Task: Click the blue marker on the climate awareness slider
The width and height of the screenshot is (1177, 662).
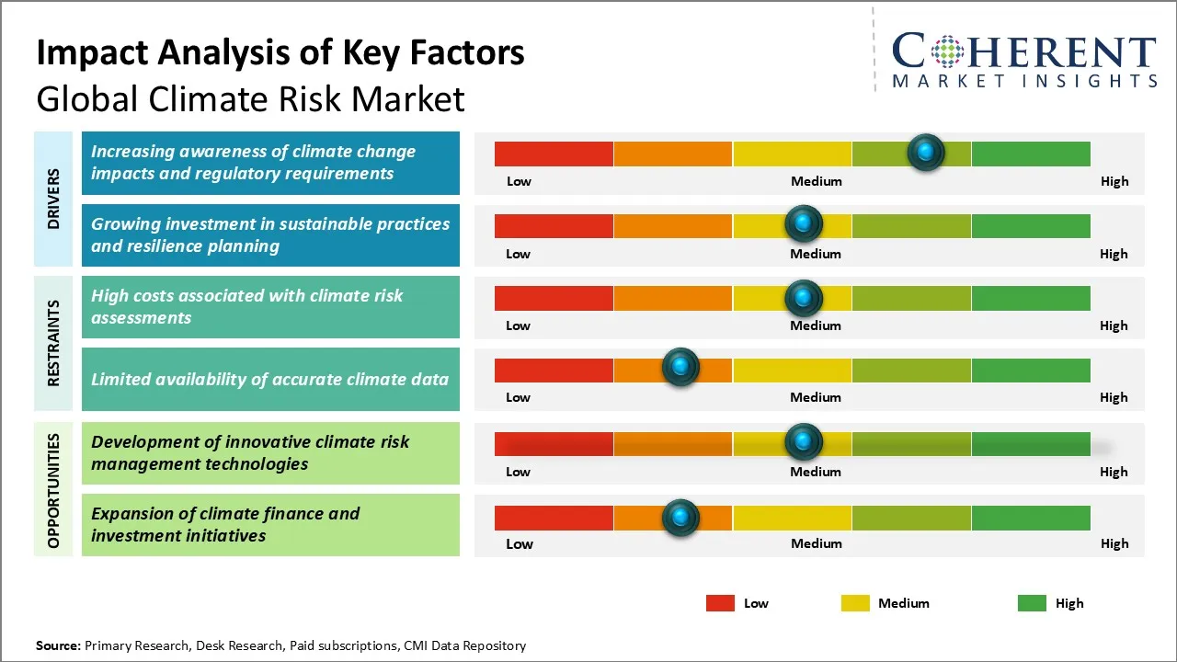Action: pyautogui.click(x=926, y=152)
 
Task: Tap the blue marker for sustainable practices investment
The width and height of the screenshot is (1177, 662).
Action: pyautogui.click(x=804, y=223)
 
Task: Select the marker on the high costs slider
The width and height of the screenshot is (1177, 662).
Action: pyautogui.click(x=804, y=297)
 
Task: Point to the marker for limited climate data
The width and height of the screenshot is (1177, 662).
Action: pyautogui.click(x=680, y=368)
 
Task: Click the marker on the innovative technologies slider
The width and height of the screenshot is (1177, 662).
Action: pyautogui.click(x=804, y=442)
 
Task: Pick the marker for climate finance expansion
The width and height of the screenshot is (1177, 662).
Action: pyautogui.click(x=680, y=517)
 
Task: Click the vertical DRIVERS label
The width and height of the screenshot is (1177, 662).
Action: pyautogui.click(x=53, y=198)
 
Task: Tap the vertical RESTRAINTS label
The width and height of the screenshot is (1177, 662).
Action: pyautogui.click(x=53, y=342)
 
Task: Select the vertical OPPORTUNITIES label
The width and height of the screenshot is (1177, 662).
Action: pyautogui.click(x=53, y=490)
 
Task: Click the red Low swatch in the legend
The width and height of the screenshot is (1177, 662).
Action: pyautogui.click(x=720, y=603)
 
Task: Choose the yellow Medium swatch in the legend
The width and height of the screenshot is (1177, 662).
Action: pyautogui.click(x=855, y=603)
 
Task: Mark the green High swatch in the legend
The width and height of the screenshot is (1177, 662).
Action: pyautogui.click(x=1032, y=603)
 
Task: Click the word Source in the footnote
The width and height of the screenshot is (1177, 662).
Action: pyautogui.click(x=58, y=645)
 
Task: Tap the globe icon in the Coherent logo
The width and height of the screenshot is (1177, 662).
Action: pyautogui.click(x=947, y=51)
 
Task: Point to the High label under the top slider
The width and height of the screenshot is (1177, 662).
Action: pyautogui.click(x=1114, y=181)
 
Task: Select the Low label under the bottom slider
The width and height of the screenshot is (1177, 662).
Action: pyautogui.click(x=520, y=543)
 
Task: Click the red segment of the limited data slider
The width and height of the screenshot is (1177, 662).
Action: pyautogui.click(x=554, y=371)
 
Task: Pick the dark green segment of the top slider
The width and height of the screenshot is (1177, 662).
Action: pyautogui.click(x=1030, y=154)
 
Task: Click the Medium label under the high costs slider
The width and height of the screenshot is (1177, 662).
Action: pyautogui.click(x=816, y=325)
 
